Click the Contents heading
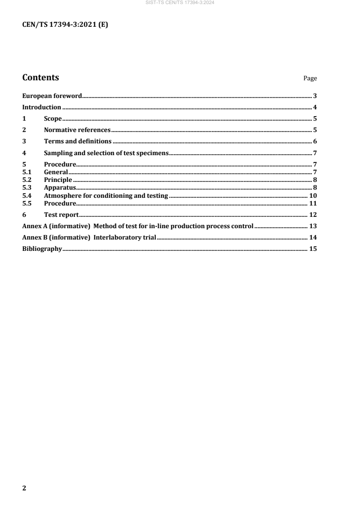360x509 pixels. [40, 78]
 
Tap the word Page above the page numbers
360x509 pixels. [310, 78]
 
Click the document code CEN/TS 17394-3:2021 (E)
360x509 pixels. [65, 25]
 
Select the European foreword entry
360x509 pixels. [52, 96]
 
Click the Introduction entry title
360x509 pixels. [42, 108]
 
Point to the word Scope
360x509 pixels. [53, 119]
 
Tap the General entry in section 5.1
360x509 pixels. [56, 172]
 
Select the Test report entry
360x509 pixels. [61, 215]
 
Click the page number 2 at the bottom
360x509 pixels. [25, 488]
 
